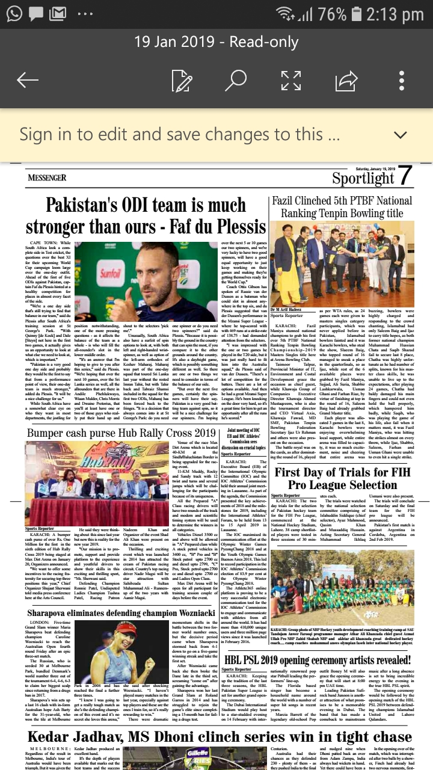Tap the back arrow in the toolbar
[x=28, y=80]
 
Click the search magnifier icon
[x=236, y=80]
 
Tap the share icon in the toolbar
[x=346, y=80]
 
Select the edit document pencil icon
[x=182, y=80]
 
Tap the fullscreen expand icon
[x=291, y=80]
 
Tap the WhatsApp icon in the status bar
[x=13, y=13]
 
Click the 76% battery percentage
[x=332, y=14]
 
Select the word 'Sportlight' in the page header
[x=363, y=179]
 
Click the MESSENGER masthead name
[x=47, y=178]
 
